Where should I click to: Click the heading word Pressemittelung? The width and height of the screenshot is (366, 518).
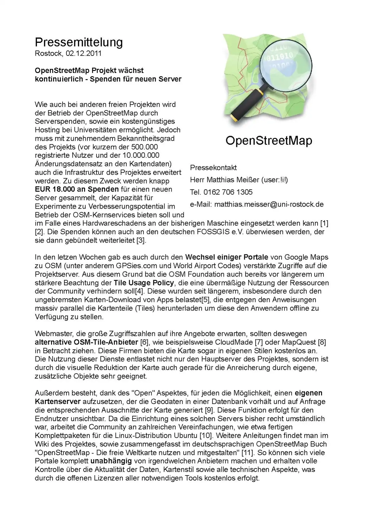pyautogui.click(x=79, y=42)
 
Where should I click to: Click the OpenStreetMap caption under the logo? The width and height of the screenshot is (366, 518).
pyautogui.click(x=269, y=140)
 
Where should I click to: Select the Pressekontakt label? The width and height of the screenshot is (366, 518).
pyautogui.click(x=213, y=168)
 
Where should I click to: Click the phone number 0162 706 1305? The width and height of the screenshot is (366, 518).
pyautogui.click(x=228, y=192)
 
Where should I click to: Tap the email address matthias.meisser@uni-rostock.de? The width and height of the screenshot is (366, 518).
pyautogui.click(x=269, y=204)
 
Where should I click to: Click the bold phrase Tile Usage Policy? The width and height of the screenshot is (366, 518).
pyautogui.click(x=144, y=282)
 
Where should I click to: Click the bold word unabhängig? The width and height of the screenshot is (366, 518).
pyautogui.click(x=111, y=461)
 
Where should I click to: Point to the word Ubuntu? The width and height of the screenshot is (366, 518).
pyautogui.click(x=186, y=435)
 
